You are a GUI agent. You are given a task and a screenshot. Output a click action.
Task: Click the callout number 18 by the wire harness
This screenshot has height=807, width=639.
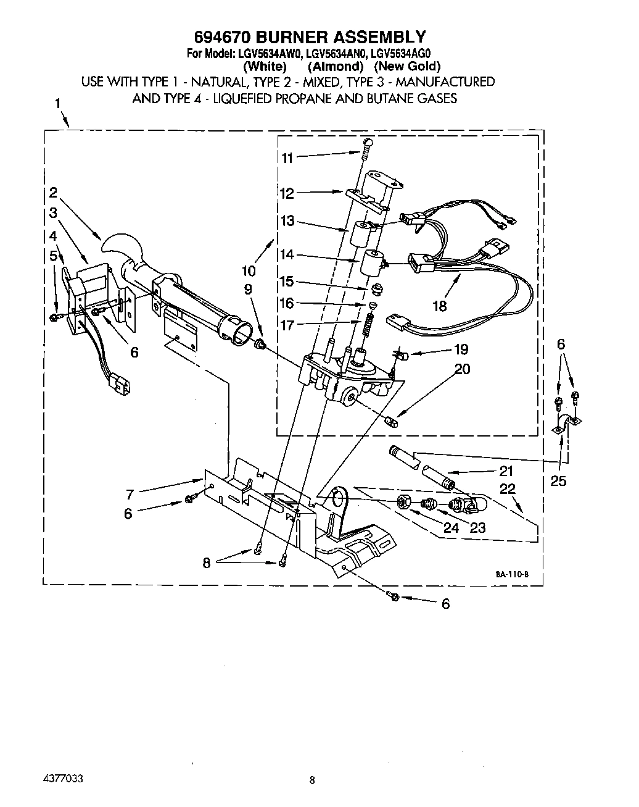[439, 305]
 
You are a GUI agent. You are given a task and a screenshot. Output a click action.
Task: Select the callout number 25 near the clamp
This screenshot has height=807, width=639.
[558, 480]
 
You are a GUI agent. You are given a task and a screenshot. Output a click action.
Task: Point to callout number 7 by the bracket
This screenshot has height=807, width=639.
[130, 493]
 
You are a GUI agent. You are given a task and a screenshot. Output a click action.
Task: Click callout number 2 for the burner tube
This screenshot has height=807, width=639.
[54, 192]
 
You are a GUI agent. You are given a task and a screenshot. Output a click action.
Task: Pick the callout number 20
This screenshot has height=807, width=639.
[462, 369]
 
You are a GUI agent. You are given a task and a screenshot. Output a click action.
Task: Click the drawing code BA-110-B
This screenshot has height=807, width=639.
[511, 574]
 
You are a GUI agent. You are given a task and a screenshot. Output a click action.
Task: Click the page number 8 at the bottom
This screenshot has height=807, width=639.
[313, 780]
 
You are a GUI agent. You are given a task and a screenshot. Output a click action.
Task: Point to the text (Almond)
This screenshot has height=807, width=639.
[335, 66]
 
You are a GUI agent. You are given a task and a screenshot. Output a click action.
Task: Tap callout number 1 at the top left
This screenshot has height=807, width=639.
[58, 104]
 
